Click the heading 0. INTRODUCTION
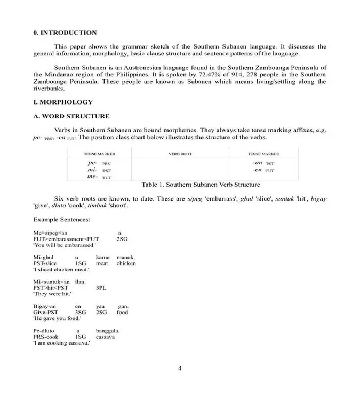pyautogui.click(x=65, y=33)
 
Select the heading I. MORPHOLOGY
pyautogui.click(x=63, y=102)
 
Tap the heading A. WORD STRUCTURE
pyautogui.click(x=71, y=116)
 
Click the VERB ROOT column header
pyautogui.click(x=180, y=154)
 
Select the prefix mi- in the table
pyautogui.click(x=92, y=169)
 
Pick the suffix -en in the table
pyautogui.click(x=258, y=170)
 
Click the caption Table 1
pyautogui.click(x=201, y=185)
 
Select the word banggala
pyautogui.click(x=108, y=331)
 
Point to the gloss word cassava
pyautogui.click(x=106, y=337)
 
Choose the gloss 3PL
pyautogui.click(x=101, y=287)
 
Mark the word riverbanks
pyautogui.click(x=49, y=89)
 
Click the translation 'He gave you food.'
pyautogui.click(x=57, y=319)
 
